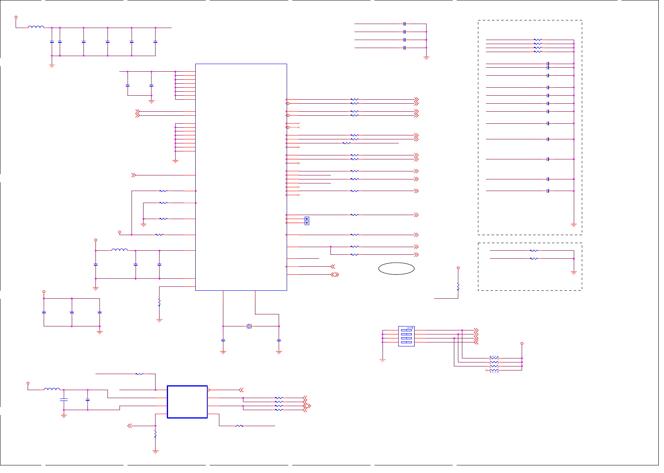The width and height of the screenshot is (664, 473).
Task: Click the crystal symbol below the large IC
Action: tap(249, 326)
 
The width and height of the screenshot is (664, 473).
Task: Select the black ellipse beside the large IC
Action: tap(396, 269)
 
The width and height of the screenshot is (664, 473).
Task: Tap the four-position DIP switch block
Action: tap(406, 336)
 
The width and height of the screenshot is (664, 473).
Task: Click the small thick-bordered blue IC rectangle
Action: tap(187, 402)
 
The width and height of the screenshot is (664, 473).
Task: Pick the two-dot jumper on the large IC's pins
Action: tap(307, 221)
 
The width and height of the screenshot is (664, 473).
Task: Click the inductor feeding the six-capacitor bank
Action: tap(36, 27)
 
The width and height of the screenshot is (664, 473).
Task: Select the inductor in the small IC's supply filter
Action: tap(52, 389)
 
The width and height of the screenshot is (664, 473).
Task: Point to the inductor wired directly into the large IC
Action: tap(119, 250)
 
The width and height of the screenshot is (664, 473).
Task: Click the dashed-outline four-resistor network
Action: tap(494, 364)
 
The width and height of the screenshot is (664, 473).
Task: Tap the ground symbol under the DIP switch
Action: tap(383, 360)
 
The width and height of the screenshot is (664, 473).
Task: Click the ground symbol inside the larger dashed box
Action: tap(574, 225)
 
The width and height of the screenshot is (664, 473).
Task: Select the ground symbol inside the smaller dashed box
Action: tap(574, 273)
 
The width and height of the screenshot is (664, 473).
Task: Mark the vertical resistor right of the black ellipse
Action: tap(458, 286)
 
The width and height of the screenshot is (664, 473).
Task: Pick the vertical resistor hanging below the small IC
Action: tap(155, 434)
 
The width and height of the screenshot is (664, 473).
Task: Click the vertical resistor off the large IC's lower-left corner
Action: tap(159, 302)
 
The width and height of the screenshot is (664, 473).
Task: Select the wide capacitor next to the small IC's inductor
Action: tap(64, 400)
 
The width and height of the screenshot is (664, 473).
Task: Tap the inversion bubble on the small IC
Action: tap(209, 390)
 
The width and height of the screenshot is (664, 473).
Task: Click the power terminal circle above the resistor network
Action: tap(522, 343)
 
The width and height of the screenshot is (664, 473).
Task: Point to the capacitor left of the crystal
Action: tap(223, 340)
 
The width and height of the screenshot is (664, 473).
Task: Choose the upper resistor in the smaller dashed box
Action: tap(534, 251)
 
